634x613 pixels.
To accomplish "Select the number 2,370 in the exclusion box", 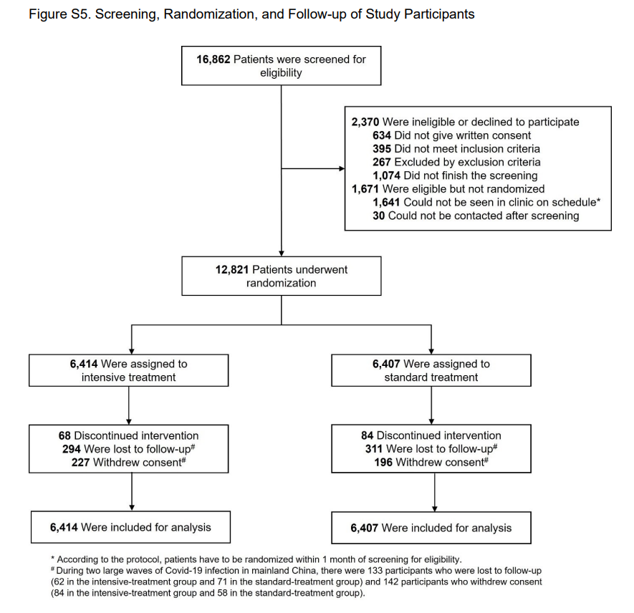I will [365, 122].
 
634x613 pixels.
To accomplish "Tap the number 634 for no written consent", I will [382, 135].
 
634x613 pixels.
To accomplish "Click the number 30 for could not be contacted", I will [379, 216].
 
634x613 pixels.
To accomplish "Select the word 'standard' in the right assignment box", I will [409, 377].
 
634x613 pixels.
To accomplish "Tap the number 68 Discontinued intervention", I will [64, 435].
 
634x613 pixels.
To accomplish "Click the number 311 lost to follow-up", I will [373, 449].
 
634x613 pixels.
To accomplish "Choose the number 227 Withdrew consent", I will [82, 463].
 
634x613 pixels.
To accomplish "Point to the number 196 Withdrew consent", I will [383, 463].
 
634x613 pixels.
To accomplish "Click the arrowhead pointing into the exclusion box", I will [341, 169].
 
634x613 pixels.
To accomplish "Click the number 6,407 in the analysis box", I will [365, 528].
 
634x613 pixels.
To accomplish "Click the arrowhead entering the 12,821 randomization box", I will [281, 253].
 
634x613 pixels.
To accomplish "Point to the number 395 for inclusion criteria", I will [382, 149].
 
